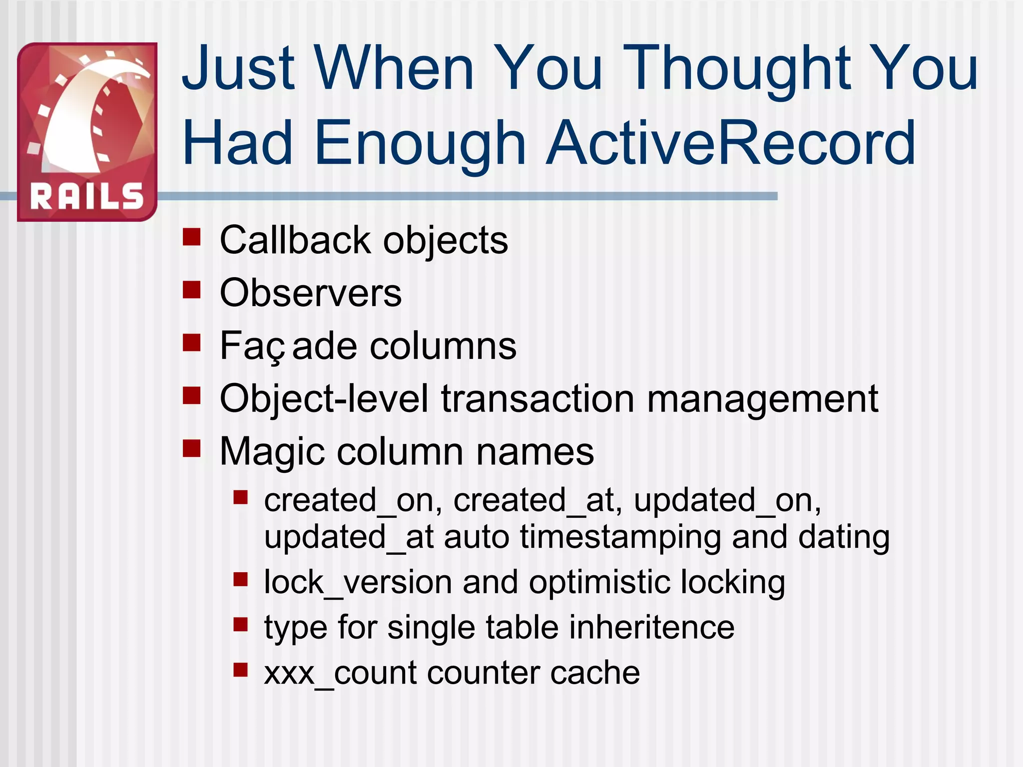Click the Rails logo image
[87, 132]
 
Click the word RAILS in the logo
[87, 196]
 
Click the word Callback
[295, 240]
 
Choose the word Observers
[311, 293]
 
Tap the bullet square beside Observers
[191, 290]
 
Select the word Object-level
[324, 399]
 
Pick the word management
[762, 399]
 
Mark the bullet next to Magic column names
[191, 448]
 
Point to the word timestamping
[619, 537]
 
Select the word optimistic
[598, 582]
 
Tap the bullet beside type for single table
[241, 625]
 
